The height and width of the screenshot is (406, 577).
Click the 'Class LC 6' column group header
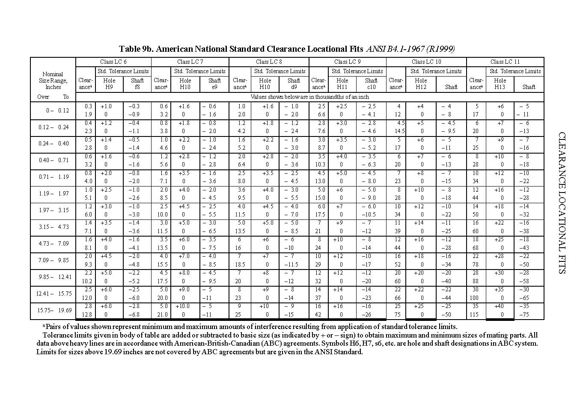[113, 62]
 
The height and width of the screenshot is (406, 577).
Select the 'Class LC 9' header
[347, 62]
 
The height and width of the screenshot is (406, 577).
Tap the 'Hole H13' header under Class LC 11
[500, 83]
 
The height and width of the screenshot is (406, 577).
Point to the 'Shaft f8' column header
[137, 83]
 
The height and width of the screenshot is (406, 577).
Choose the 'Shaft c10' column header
[371, 83]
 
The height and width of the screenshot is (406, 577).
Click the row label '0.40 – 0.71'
[53, 160]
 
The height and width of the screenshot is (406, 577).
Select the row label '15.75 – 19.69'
[53, 311]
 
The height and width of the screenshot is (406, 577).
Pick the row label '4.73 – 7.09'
[53, 244]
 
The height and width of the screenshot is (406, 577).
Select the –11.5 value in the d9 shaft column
[293, 265]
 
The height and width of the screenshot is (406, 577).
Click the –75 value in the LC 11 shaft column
[524, 315]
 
